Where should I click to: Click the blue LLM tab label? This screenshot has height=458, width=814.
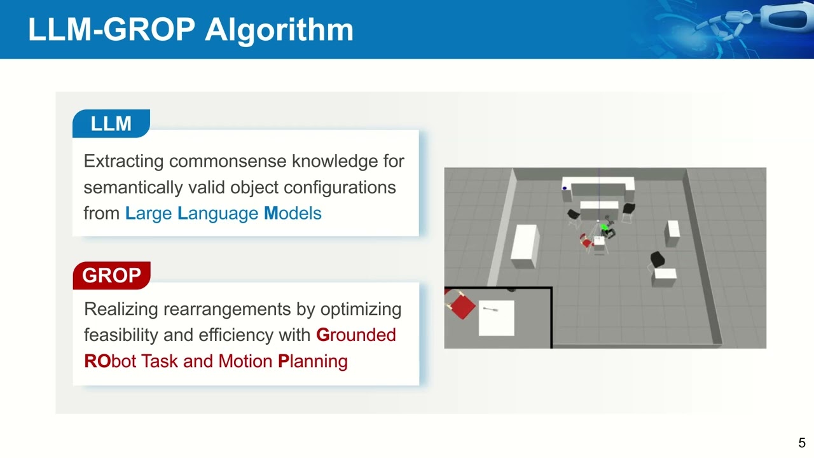(111, 123)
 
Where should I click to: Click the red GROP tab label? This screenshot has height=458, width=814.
(111, 275)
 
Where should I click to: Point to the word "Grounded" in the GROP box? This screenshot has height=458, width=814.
(356, 335)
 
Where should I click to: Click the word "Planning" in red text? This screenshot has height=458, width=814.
(313, 361)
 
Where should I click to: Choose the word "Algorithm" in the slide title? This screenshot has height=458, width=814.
(279, 29)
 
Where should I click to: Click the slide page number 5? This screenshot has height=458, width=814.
(802, 443)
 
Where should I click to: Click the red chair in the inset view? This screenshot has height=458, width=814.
(462, 305)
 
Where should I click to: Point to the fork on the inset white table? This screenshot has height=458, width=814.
(490, 310)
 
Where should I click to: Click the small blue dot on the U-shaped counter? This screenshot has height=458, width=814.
(565, 188)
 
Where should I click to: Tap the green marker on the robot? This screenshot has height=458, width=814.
(604, 227)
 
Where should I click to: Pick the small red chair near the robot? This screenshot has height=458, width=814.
(586, 240)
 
